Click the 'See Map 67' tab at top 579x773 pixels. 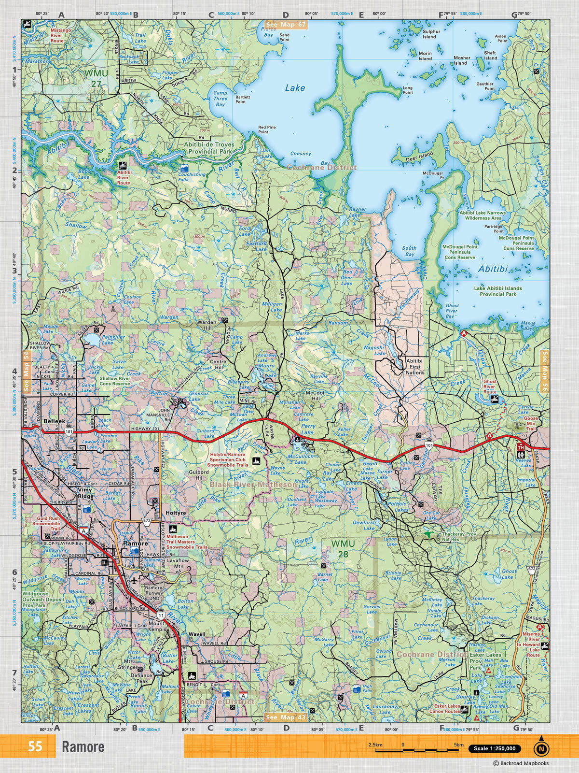286,24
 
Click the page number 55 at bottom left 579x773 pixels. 35,746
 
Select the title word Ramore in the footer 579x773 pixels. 83,747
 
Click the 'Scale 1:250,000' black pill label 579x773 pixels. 495,749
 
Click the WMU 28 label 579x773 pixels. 343,548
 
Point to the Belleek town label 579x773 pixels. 54,421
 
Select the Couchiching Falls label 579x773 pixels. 192,177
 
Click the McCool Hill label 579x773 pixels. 315,396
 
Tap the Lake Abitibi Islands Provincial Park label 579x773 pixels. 498,291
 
